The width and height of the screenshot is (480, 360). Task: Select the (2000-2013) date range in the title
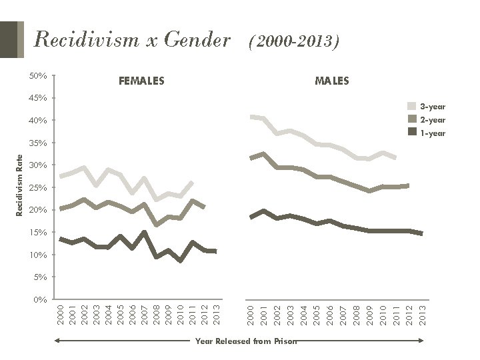point(294,43)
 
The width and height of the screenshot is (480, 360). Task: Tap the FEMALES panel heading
point(141,81)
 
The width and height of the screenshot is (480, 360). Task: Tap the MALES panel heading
point(331,81)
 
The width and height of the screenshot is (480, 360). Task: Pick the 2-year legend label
point(433,120)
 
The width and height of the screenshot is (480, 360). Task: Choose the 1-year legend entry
point(432,133)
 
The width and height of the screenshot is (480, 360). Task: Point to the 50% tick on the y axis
point(38,76)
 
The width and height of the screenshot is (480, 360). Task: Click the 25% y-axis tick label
point(38,188)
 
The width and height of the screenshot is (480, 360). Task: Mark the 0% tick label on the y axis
point(40,300)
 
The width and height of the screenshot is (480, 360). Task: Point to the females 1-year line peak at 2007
point(144,232)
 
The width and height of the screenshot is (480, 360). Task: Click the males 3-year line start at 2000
point(251,117)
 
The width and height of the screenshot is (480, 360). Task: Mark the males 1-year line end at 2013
point(421,233)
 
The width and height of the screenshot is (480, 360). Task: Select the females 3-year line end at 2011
point(192,182)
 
